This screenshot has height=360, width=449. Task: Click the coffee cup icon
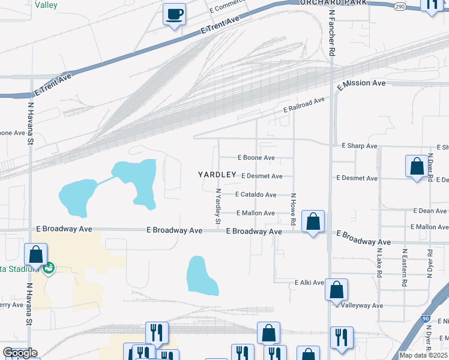coord(174,13)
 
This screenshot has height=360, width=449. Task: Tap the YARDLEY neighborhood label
coord(217,175)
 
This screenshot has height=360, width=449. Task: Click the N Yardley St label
coord(218,207)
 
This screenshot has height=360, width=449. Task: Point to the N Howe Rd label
coord(294,209)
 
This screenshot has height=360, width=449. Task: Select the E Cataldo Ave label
coord(256,194)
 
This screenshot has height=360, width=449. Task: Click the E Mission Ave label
coord(361,85)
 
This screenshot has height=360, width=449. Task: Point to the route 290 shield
coord(400,6)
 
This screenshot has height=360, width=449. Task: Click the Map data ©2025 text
coord(423,355)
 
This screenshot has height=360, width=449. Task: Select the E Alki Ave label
coord(309,282)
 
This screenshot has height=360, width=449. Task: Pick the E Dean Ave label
coord(430,211)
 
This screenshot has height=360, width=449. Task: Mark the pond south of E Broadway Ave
coord(202,276)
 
